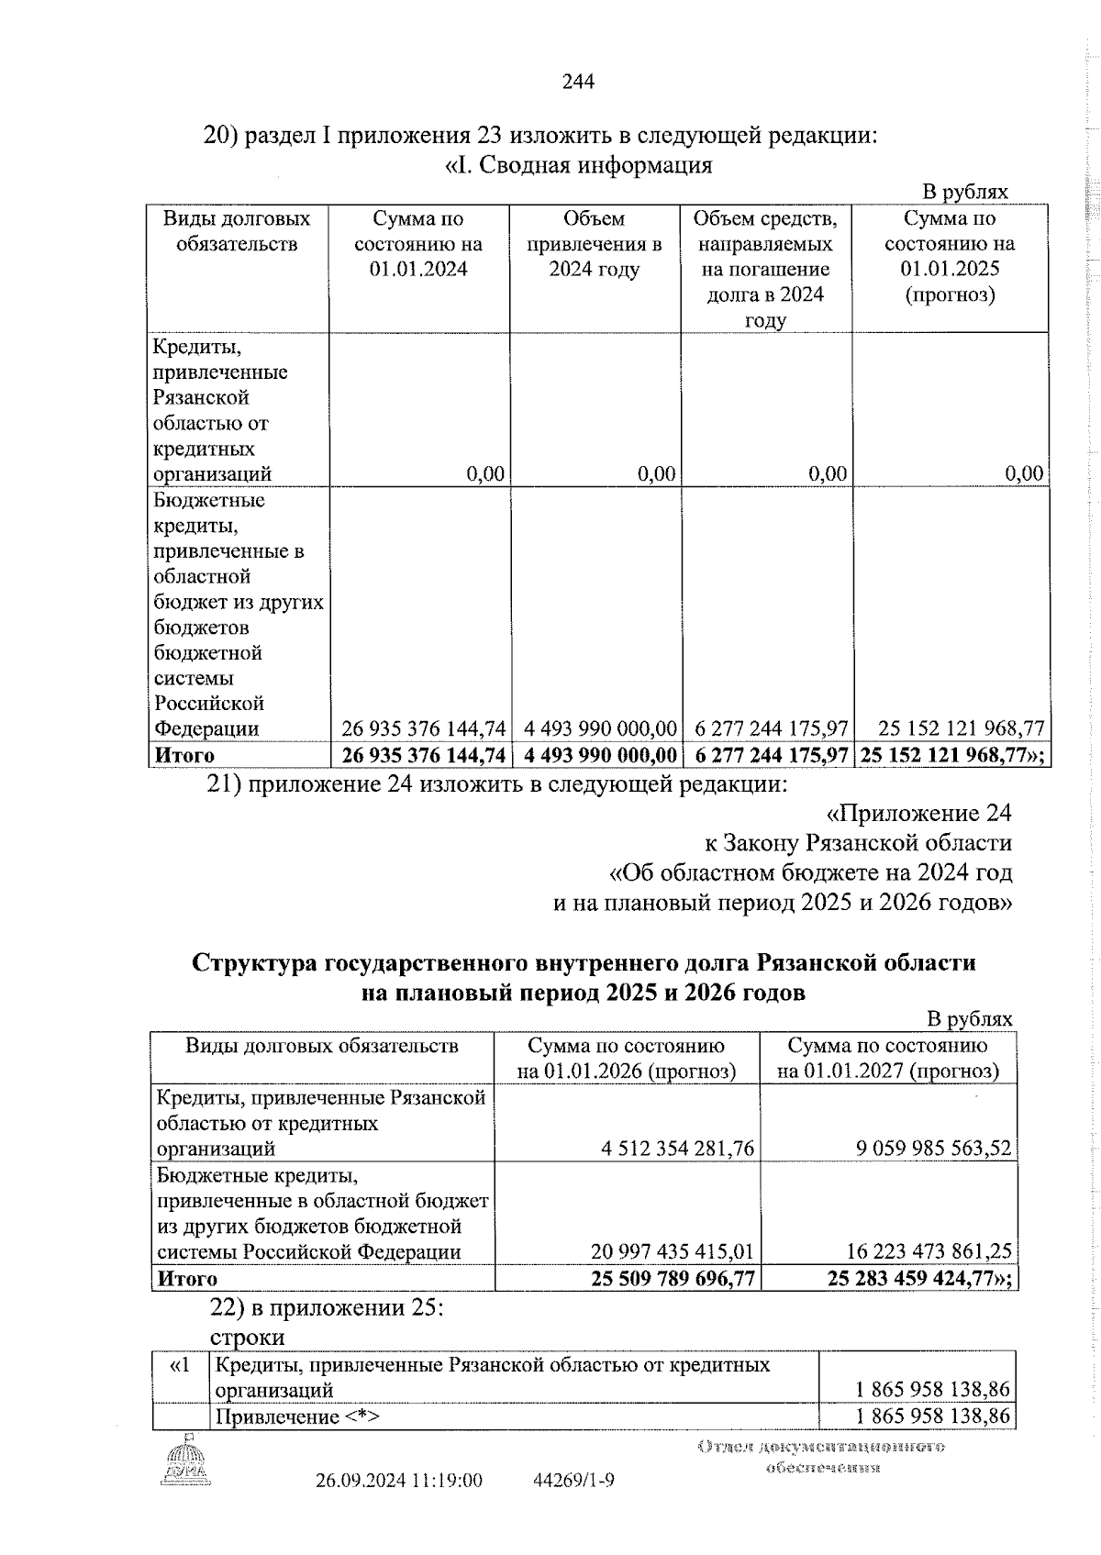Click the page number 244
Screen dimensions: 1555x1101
coord(578,83)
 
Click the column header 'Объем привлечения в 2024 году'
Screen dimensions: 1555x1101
coord(594,244)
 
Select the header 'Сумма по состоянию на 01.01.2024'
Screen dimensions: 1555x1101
coord(418,244)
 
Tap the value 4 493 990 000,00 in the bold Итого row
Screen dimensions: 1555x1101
coord(600,755)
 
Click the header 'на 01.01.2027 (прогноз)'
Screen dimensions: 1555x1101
coord(887,1072)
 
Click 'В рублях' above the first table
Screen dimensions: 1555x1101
coord(964,192)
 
